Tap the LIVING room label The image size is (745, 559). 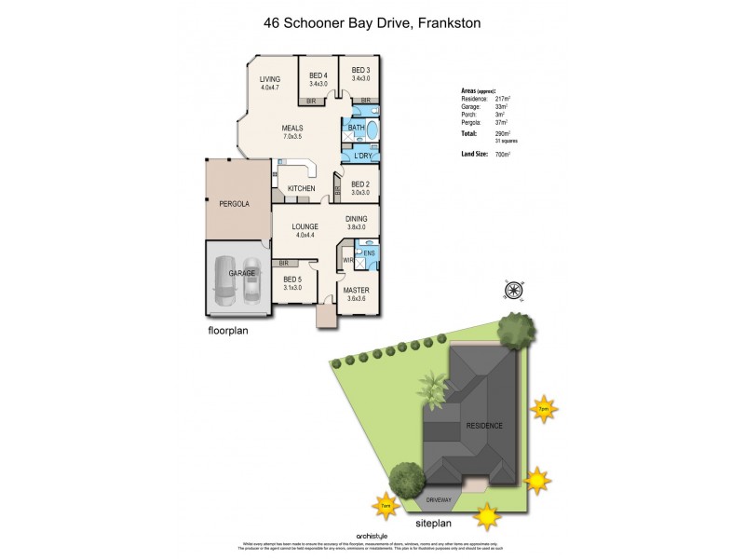(x=270, y=79)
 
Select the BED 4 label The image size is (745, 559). (x=318, y=75)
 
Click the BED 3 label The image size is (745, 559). (x=360, y=70)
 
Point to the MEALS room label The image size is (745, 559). (x=294, y=129)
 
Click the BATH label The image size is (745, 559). (x=356, y=128)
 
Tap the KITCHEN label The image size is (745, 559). (x=301, y=189)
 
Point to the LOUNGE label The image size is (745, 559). (x=305, y=226)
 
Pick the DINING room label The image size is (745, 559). (x=357, y=220)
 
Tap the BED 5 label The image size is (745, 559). (x=292, y=279)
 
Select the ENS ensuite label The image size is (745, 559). (x=369, y=253)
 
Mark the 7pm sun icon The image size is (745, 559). (x=541, y=408)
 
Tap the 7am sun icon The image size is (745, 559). (x=386, y=506)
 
